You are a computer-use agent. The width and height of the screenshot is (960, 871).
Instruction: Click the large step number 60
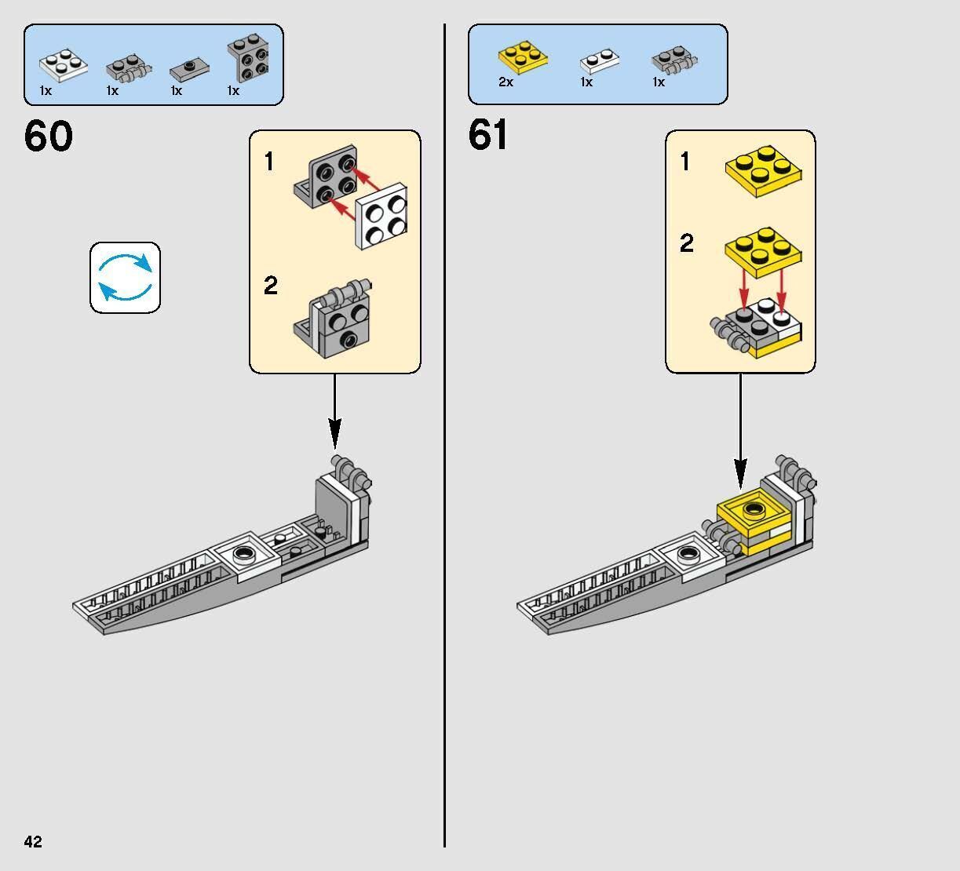click(49, 137)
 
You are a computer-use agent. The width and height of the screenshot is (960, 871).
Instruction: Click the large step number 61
click(488, 135)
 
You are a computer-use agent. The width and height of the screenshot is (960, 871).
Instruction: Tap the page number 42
click(33, 842)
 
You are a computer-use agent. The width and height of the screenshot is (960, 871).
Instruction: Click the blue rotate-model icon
click(125, 278)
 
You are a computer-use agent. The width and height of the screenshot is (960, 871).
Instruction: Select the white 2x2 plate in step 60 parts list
click(62, 65)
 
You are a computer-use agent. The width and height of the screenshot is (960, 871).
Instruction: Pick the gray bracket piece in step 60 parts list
click(247, 59)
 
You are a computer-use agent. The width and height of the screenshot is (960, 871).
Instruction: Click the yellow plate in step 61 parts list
click(522, 57)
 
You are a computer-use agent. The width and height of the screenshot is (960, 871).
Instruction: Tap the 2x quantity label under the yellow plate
click(506, 82)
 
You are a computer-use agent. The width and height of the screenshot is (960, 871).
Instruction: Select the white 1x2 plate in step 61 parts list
click(599, 60)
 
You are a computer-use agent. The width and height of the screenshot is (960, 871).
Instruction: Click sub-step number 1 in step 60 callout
click(269, 162)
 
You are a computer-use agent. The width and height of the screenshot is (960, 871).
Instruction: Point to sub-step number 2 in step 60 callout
click(271, 285)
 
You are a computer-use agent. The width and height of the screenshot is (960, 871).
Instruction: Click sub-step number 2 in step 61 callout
click(687, 243)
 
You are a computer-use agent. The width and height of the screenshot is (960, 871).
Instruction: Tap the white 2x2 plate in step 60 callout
click(381, 215)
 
